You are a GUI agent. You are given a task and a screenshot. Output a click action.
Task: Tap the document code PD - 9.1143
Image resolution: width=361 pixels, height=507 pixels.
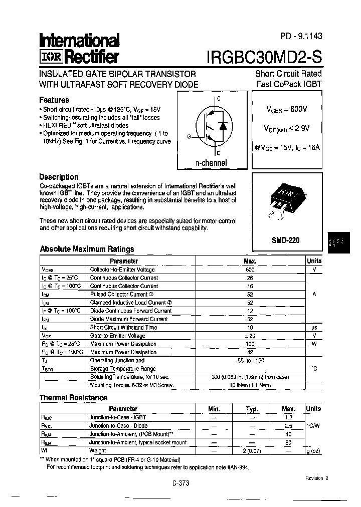pos(301,36)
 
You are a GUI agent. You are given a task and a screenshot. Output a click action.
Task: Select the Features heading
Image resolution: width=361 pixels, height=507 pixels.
pos(54,100)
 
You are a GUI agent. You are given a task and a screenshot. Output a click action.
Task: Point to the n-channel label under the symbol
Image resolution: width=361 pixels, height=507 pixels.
pos(211,163)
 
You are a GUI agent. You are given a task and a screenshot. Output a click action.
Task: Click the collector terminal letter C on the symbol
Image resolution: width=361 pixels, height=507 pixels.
pos(218,99)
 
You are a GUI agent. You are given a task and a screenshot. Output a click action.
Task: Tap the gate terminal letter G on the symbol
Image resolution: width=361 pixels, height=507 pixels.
pos(189,136)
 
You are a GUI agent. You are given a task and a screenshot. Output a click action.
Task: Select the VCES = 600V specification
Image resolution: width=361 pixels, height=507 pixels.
pos(286,109)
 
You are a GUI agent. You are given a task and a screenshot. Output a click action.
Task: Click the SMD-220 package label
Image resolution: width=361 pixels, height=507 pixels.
pos(285,240)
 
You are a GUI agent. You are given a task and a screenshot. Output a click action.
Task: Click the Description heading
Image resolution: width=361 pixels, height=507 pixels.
pos(59,177)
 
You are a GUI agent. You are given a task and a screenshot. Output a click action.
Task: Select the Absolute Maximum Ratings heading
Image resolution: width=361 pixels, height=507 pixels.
pos(87,249)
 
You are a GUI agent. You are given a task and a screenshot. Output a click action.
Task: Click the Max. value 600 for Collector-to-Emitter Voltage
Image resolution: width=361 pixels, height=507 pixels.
pos(250,270)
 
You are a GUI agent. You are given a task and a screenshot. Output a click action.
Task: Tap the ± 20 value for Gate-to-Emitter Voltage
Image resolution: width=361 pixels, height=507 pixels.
pos(250,336)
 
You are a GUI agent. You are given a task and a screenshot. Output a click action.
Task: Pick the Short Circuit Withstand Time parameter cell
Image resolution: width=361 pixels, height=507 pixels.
pos(123,328)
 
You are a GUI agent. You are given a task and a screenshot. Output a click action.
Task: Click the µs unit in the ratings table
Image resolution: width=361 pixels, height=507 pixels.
pos(314,328)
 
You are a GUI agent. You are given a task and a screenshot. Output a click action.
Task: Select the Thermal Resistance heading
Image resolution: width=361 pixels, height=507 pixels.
pos(73,398)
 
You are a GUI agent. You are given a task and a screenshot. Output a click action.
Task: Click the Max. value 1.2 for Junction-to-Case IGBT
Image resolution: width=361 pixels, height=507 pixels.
pos(288,417)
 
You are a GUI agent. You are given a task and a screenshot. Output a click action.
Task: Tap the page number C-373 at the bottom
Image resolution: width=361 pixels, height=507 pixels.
pos(180,483)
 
